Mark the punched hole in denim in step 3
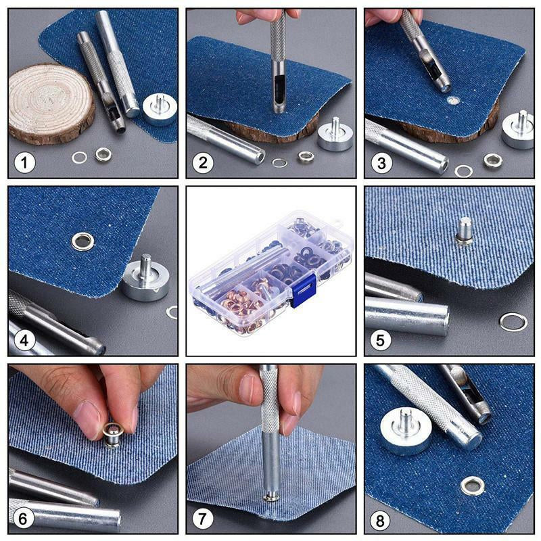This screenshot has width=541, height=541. [x=453, y=101]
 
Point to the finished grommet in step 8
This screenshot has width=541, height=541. [x=472, y=486]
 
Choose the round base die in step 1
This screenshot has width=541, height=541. [x=160, y=110]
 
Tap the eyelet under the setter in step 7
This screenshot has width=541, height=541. [x=272, y=496]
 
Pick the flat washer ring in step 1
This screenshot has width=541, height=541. [x=79, y=158]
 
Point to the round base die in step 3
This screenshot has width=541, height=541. [x=518, y=129]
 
